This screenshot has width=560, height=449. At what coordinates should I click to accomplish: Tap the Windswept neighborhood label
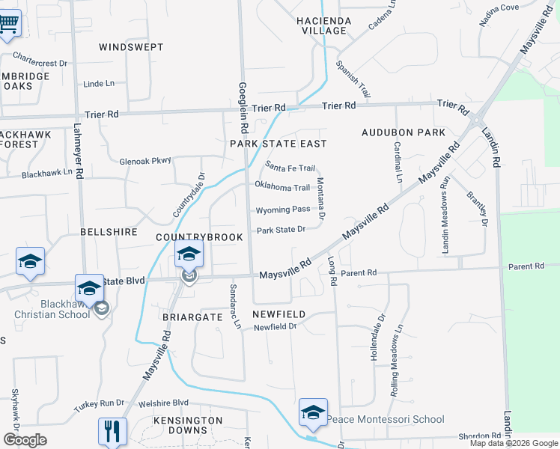[x=131, y=46]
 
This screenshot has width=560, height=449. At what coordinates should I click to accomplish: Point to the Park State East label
[x=279, y=143]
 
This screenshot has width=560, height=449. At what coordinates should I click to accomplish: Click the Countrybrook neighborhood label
[x=199, y=237]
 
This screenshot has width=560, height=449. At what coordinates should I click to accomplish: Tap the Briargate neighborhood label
[x=193, y=317]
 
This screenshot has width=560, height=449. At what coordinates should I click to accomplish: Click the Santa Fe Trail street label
[x=290, y=168]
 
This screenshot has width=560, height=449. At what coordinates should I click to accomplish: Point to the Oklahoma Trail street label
[x=282, y=187]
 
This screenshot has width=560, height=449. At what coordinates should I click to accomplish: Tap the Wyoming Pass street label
[x=283, y=210]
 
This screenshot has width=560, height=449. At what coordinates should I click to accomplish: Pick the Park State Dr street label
[x=281, y=230]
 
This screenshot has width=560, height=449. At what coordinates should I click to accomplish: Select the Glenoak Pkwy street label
[x=145, y=160]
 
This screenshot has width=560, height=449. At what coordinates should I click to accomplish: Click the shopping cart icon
[x=9, y=22]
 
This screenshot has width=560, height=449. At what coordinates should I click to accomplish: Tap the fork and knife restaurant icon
[x=112, y=431]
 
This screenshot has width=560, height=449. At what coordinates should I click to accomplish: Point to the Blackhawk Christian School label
[x=52, y=309]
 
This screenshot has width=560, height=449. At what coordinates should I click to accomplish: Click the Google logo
[x=25, y=439]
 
